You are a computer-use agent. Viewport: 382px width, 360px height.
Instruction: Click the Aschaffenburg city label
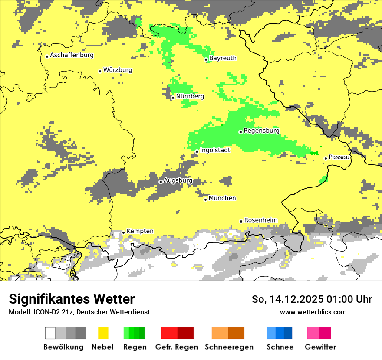coord(72,55)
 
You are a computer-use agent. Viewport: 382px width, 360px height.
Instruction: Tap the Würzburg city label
coord(118,70)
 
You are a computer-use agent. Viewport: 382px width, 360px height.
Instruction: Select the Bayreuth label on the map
coord(223,58)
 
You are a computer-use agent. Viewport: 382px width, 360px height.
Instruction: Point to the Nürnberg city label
coord(190,96)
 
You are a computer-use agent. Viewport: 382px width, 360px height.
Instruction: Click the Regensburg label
coord(261,131)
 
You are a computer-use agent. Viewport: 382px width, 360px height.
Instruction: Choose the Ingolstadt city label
coord(215,150)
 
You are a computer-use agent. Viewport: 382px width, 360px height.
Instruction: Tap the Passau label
coord(339,157)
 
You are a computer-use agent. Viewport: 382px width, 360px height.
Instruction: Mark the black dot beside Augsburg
coord(161,182)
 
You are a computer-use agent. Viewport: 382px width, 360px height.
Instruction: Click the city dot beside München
coord(206,200)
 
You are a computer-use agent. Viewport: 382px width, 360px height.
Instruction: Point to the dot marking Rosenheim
coord(241,221)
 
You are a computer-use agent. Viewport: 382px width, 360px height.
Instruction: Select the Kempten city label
coord(140,231)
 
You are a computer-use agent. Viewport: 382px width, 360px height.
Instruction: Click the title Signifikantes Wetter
coord(72,299)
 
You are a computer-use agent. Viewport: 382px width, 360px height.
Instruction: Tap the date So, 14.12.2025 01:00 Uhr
coord(312,300)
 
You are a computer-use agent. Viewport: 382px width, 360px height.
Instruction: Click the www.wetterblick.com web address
coord(313,312)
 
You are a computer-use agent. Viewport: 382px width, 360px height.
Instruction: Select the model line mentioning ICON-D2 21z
coord(79,312)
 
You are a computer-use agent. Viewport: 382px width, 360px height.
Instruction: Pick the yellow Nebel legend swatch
coord(103,333)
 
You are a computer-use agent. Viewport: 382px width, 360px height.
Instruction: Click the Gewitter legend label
coord(320,347)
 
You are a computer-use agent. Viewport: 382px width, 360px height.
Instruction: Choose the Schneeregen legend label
coord(229,347)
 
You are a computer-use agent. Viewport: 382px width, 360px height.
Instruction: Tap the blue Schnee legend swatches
coord(280,333)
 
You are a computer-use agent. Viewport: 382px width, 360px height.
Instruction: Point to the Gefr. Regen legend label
coord(177,347)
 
